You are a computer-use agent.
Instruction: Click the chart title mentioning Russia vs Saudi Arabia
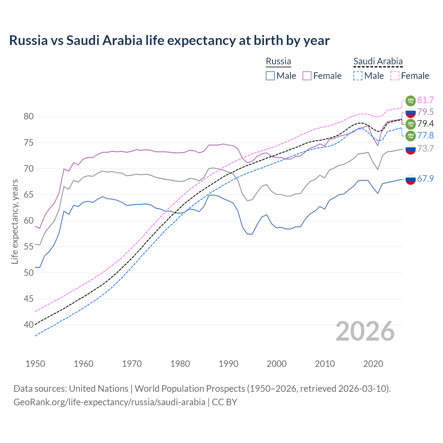click(x=169, y=40)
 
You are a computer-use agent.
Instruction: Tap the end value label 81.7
click(x=425, y=100)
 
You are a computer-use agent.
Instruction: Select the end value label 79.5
click(x=425, y=112)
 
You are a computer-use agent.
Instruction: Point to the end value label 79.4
click(x=425, y=124)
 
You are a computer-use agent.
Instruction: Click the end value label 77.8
click(x=425, y=135)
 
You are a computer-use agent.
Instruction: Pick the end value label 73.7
click(x=425, y=148)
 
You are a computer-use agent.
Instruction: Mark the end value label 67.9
click(x=425, y=179)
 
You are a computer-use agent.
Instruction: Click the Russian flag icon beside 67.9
click(x=410, y=179)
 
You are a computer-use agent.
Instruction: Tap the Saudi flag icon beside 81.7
click(x=410, y=100)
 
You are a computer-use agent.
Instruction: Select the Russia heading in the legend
click(x=278, y=61)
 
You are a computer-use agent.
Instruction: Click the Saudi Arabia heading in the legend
click(x=378, y=61)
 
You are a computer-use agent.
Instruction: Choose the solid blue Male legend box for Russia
click(x=270, y=76)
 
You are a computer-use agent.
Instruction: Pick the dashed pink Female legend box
click(x=395, y=76)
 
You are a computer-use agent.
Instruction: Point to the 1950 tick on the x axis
click(x=35, y=364)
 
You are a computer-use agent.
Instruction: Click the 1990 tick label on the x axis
click(x=228, y=364)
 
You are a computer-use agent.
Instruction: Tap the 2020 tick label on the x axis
click(x=373, y=364)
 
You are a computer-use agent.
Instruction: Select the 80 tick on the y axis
click(x=29, y=117)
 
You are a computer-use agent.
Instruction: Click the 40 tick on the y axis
click(x=29, y=325)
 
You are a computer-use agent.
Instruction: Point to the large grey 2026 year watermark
click(x=365, y=331)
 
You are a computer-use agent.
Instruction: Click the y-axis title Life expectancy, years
click(x=15, y=221)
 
